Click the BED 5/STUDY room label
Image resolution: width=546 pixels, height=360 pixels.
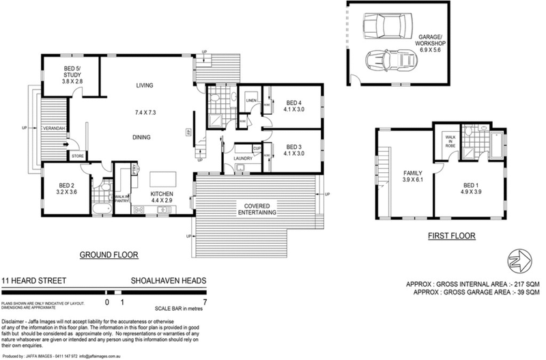(x=72, y=74)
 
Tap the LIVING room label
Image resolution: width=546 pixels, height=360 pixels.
(x=144, y=85)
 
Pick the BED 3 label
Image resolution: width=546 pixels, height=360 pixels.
(x=293, y=150)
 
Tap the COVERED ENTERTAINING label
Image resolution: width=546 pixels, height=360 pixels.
(x=257, y=209)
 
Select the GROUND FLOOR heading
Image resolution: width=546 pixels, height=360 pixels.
(x=109, y=255)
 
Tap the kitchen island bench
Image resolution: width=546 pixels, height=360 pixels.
(x=162, y=180)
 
